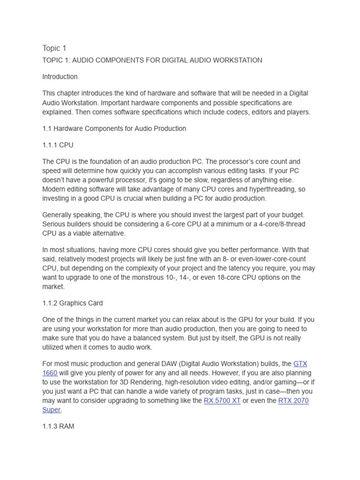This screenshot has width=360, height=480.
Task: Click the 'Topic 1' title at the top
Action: coord(54,48)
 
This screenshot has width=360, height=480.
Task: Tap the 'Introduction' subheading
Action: coord(60,76)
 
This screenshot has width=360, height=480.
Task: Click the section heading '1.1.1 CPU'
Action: coord(58,145)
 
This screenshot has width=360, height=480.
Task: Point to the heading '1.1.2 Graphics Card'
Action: coord(73,303)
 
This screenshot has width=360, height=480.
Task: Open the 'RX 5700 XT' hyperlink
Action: coord(222,401)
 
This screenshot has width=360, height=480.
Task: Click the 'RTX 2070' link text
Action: coord(293,401)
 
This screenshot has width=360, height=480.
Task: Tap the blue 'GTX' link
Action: coord(300,364)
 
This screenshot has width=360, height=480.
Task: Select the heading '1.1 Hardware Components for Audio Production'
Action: coord(114,128)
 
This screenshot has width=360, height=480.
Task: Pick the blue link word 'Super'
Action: coord(51,410)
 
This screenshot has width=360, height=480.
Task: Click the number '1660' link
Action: coord(50,373)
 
